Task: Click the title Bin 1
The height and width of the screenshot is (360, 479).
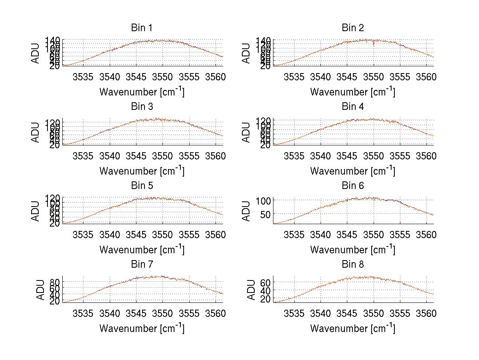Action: [141, 28]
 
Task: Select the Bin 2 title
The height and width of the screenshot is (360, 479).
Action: [352, 28]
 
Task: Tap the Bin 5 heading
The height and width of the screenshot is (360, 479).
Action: [141, 186]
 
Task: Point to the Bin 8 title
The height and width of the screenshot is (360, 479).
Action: [352, 265]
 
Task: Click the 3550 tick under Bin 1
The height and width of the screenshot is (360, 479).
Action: [162, 77]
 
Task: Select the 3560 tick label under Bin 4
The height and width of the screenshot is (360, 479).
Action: [426, 156]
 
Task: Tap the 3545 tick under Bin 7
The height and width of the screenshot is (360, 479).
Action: [136, 314]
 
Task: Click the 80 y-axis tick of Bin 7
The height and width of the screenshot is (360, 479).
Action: [55, 282]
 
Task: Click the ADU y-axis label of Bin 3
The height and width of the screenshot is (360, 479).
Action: [36, 132]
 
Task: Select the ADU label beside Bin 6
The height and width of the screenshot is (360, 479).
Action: [247, 211]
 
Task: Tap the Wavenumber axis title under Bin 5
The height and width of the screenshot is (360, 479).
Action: [142, 250]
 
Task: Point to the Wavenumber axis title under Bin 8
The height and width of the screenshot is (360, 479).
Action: [352, 328]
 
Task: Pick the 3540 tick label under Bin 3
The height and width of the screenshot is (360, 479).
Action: [110, 156]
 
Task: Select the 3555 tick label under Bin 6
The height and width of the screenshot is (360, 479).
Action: [400, 235]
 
